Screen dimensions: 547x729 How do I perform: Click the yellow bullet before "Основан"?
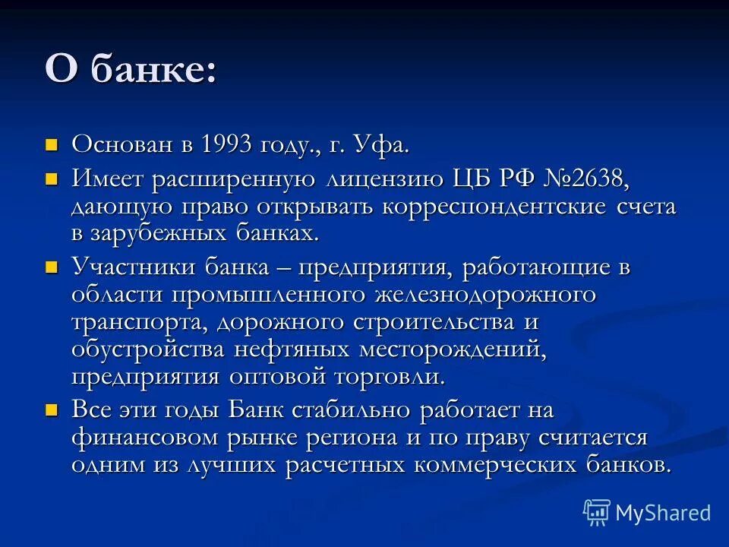[x=52, y=144]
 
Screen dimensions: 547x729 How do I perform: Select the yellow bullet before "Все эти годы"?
[x=52, y=411]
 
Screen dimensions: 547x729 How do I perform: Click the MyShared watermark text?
[x=662, y=513]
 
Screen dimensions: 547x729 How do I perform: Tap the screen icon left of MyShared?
[x=597, y=513]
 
